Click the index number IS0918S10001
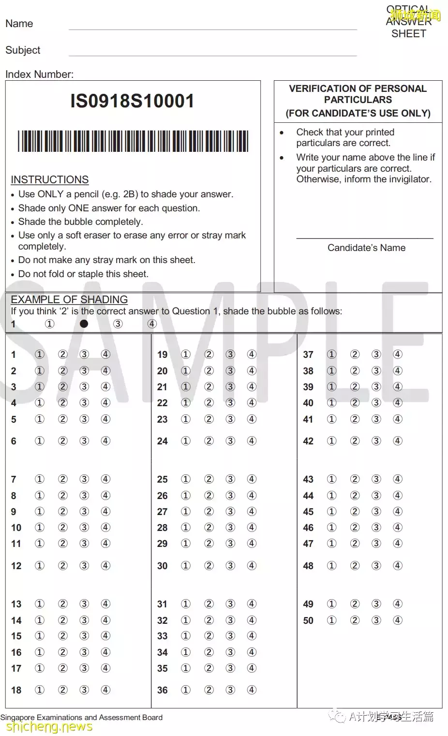(132, 101)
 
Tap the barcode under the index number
(133, 141)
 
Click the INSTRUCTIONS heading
(50, 179)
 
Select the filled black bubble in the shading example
(84, 324)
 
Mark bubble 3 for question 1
(84, 354)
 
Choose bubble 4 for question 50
(397, 620)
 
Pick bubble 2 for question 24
(209, 441)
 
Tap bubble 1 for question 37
(331, 354)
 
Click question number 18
(16, 690)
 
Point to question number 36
(162, 690)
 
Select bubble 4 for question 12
(105, 566)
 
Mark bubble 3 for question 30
(230, 566)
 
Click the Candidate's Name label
(366, 248)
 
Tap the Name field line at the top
(212, 29)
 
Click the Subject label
(23, 50)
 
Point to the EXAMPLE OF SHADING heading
(69, 299)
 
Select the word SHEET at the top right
(409, 34)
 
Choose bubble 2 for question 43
(355, 479)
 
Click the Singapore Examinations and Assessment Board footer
(81, 718)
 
